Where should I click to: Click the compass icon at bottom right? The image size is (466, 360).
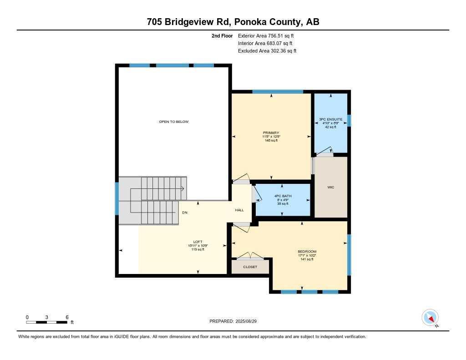click(x=430, y=318)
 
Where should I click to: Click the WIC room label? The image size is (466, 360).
click(x=331, y=187)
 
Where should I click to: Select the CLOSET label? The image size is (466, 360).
click(x=250, y=267)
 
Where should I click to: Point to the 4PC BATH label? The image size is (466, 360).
click(x=283, y=196)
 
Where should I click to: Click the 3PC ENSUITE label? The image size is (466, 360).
click(x=331, y=119)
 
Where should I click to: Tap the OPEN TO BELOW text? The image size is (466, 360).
click(x=173, y=122)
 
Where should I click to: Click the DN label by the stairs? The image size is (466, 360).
click(x=185, y=213)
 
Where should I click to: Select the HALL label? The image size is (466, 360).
click(x=239, y=210)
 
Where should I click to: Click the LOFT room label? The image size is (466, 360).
click(x=198, y=242)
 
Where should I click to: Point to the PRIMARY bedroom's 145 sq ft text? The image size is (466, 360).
click(x=271, y=141)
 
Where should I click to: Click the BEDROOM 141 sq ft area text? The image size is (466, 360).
click(x=307, y=259)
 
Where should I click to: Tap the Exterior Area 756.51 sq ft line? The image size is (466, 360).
click(x=268, y=35)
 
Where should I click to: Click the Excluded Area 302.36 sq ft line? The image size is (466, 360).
click(x=267, y=51)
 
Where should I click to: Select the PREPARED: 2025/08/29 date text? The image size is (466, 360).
click(x=233, y=321)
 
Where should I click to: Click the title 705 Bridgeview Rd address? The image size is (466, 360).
click(x=233, y=22)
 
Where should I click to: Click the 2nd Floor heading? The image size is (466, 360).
click(x=222, y=35)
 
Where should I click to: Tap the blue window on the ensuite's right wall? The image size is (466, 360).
click(x=349, y=120)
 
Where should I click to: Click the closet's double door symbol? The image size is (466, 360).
click(x=250, y=256)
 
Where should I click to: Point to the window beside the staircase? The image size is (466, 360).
click(x=117, y=198)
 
